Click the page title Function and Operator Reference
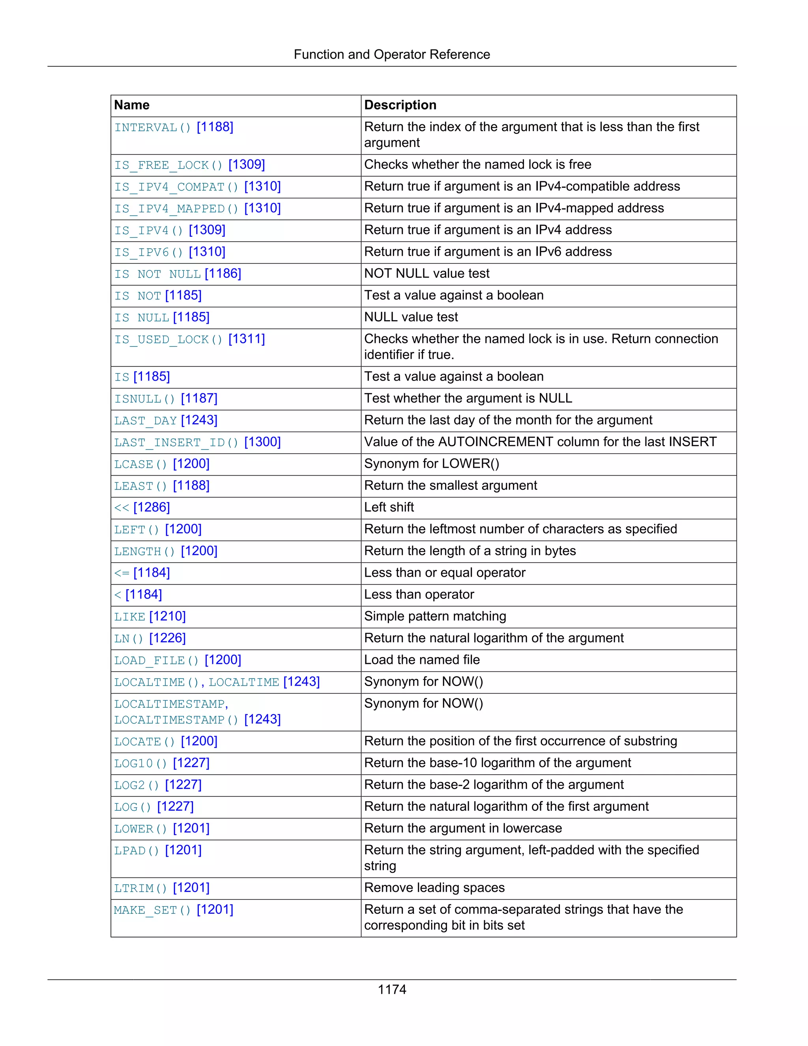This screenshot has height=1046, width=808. [391, 54]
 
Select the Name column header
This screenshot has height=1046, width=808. [132, 105]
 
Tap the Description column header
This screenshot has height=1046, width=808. [400, 105]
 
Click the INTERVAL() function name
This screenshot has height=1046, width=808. [152, 127]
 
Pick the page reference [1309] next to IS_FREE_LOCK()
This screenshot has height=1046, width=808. [247, 165]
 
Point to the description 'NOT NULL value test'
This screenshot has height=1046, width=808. [426, 274]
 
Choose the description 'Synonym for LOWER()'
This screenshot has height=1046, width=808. [431, 464]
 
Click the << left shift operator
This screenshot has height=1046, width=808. [122, 508]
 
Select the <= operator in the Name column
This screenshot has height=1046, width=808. [122, 573]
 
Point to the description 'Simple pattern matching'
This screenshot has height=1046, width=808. [435, 617]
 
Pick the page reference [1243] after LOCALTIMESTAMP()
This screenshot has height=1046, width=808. [262, 719]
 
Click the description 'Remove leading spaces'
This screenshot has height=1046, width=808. [434, 887]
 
